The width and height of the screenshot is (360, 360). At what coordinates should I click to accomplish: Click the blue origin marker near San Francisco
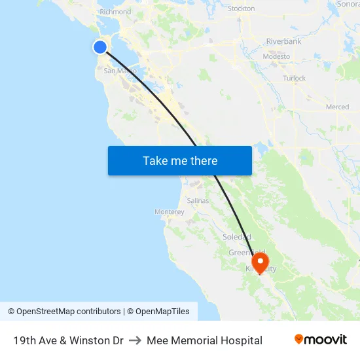pyautogui.click(x=100, y=46)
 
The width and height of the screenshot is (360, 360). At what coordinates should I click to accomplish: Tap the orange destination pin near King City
pyautogui.click(x=260, y=262)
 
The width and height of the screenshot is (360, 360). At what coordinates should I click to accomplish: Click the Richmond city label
pyautogui.click(x=115, y=12)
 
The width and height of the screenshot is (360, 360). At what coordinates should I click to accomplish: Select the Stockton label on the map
pyautogui.click(x=241, y=9)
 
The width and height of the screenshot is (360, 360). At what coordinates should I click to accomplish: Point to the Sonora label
pyautogui.click(x=348, y=4)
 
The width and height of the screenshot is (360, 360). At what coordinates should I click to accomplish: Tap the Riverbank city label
pyautogui.click(x=283, y=41)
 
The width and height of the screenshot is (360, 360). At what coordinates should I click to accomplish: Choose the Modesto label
pyautogui.click(x=276, y=56)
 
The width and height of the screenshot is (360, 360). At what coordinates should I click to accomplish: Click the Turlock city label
pyautogui.click(x=294, y=78)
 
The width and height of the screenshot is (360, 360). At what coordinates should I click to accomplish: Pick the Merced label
pyautogui.click(x=337, y=107)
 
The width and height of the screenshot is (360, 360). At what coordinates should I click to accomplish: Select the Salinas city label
pyautogui.click(x=198, y=200)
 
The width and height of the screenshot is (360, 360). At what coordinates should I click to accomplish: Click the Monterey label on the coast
pyautogui.click(x=170, y=211)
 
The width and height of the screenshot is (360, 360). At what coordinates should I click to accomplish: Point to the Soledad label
pyautogui.click(x=236, y=236)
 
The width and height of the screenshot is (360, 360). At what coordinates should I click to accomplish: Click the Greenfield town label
pyautogui.click(x=246, y=252)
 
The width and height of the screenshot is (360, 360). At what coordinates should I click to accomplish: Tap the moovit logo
pyautogui.click(x=320, y=340)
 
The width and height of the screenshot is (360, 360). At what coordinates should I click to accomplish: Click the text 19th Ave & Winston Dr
pyautogui.click(x=68, y=340)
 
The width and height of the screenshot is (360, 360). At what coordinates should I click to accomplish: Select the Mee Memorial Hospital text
pyautogui.click(x=204, y=340)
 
